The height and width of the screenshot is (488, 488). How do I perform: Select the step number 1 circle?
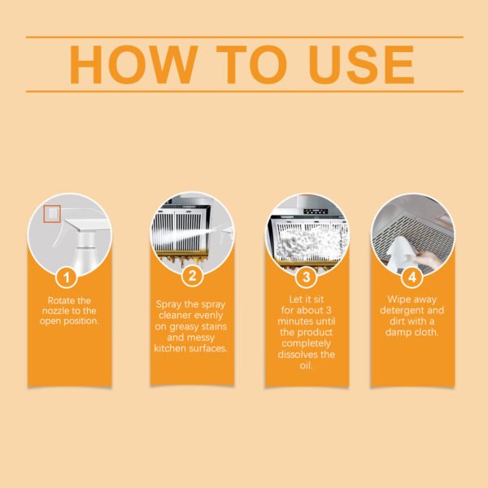[x=68, y=277]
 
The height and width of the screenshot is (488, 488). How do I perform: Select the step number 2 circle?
[x=192, y=277]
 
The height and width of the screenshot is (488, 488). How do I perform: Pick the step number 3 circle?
[x=307, y=277]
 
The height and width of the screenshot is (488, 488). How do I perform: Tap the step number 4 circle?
[x=412, y=277]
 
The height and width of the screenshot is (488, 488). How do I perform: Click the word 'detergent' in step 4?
[x=404, y=311]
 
